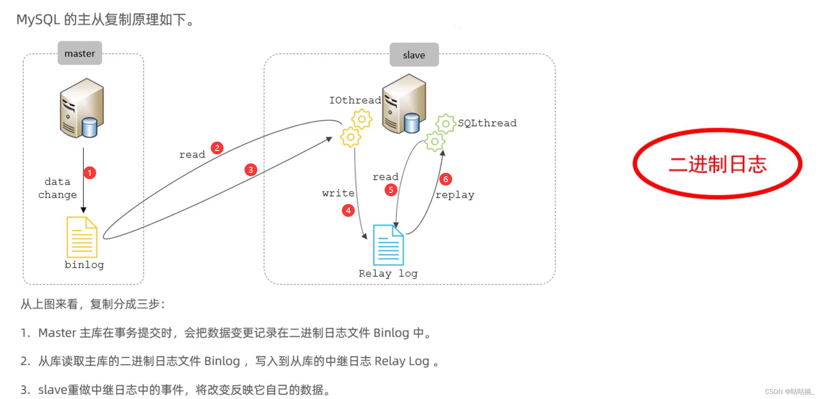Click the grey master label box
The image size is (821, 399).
point(80,53)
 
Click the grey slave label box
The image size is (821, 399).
point(414,55)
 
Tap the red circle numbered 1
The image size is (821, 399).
point(89,173)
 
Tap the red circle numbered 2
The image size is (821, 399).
point(217,148)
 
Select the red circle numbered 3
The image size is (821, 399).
point(250,170)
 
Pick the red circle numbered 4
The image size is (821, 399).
point(348,210)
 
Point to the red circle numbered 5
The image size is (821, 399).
point(391,190)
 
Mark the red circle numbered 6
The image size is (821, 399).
point(445,179)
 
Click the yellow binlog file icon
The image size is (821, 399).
point(82,237)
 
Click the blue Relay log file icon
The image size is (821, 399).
point(388,245)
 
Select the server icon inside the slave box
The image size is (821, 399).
point(404,104)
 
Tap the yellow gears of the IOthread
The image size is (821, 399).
point(356,128)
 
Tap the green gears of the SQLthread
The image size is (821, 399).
point(440,132)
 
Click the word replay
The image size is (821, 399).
point(455,195)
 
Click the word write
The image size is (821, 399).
point(338,193)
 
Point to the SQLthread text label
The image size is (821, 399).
point(487,123)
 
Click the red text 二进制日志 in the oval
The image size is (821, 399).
point(718,164)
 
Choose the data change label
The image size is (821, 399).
point(58,188)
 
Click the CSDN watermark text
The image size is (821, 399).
point(789,391)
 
